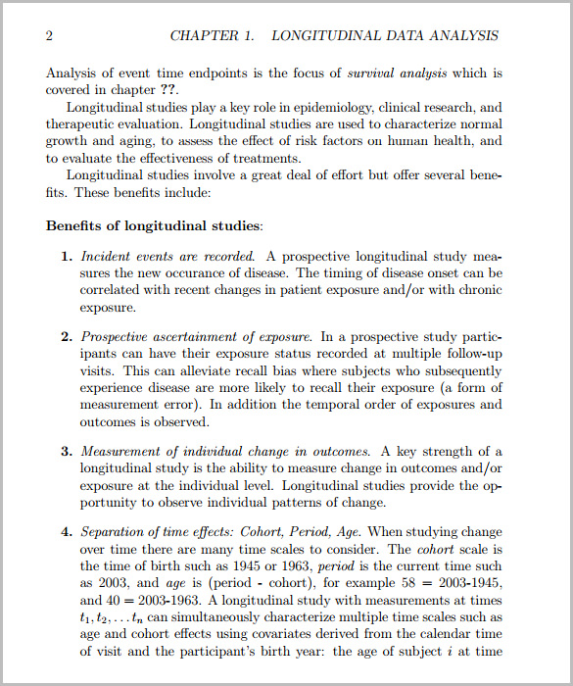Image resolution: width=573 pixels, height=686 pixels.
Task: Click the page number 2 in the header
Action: [x=49, y=36]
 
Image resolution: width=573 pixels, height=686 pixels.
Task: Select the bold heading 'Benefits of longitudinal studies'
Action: [x=152, y=225]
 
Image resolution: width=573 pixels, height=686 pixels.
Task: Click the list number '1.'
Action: [x=68, y=257]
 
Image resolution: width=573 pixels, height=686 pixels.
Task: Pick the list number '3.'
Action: [x=68, y=452]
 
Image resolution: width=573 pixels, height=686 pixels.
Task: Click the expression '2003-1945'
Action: [x=468, y=583]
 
